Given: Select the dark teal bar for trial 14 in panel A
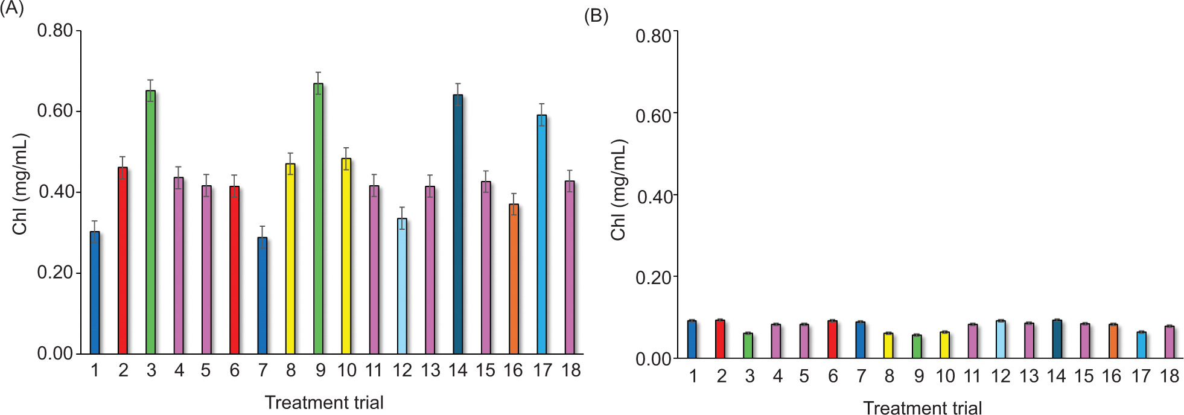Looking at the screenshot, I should click(458, 224).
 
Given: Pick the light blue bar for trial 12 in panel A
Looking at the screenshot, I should click(402, 286).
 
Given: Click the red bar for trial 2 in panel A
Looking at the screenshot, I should click(123, 260).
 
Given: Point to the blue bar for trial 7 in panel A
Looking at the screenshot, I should click(263, 295).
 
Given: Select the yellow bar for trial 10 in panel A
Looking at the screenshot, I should click(346, 256).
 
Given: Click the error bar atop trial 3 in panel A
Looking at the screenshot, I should click(150, 90).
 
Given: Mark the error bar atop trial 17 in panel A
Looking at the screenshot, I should click(541, 115).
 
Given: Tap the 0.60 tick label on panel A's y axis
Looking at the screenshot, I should click(55, 111).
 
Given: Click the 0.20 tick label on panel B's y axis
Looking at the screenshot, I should click(653, 278).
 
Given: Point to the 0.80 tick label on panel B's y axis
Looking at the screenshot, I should click(653, 36).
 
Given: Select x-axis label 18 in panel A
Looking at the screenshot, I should click(571, 370).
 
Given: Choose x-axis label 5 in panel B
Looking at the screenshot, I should click(804, 376).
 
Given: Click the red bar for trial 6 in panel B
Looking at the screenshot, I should click(832, 340).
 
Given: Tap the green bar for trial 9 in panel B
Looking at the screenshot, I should click(917, 347).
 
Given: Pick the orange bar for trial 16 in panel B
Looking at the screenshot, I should click(1113, 341).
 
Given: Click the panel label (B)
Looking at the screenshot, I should click(596, 16).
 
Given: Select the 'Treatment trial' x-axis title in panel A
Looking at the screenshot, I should click(324, 402).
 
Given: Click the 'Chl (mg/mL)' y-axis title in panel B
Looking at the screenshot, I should click(619, 190).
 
